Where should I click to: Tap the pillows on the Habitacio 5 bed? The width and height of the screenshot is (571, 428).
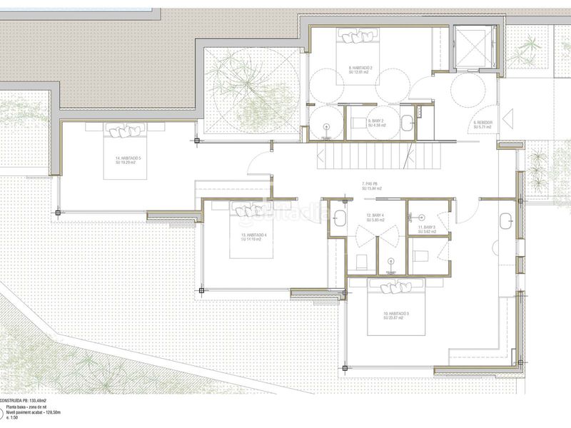(126, 131)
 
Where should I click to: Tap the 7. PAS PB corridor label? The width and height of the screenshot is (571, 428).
(370, 186)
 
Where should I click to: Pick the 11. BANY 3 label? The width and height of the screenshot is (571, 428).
(427, 228)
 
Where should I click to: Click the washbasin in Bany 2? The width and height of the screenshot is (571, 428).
(408, 123)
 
